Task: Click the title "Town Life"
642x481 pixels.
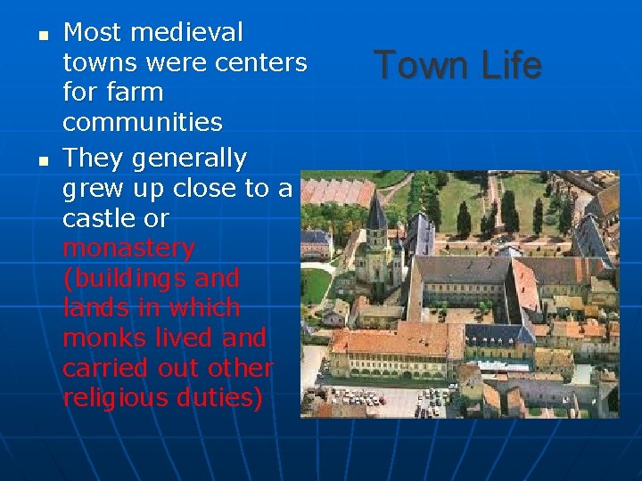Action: (x=457, y=65)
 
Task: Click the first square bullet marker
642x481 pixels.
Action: (x=42, y=37)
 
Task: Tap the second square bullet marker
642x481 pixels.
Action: (x=42, y=162)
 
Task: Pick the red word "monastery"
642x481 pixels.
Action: (x=128, y=248)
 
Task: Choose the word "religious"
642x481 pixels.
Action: (x=116, y=398)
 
